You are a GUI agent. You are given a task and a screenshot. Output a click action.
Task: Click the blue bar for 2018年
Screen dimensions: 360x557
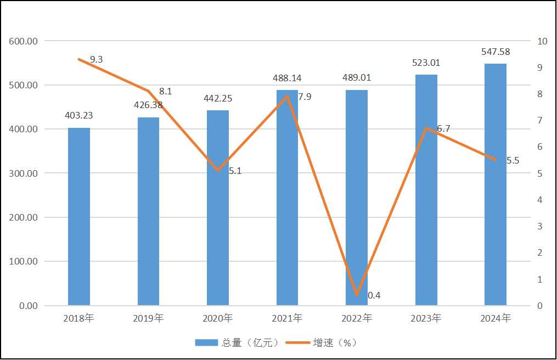coord(79,216)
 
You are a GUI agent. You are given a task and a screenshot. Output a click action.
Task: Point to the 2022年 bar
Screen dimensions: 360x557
coord(357,198)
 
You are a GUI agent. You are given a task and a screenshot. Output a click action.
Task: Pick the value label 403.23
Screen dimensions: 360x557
coord(79,116)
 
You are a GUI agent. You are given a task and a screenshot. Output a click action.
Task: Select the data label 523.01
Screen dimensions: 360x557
coord(426,63)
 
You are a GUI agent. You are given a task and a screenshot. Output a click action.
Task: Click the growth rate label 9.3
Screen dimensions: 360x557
coord(96,59)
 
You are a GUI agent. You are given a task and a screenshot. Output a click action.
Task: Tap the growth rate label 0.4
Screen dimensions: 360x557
coord(374,295)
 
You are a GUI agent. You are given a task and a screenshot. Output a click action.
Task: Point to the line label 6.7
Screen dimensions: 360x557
coord(443,128)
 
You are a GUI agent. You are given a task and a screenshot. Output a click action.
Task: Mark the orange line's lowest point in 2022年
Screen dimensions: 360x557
coord(357,295)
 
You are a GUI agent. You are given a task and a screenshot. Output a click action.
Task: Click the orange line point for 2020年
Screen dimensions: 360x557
coord(218,170)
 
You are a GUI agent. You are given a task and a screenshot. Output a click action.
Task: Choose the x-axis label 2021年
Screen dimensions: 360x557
coord(287,318)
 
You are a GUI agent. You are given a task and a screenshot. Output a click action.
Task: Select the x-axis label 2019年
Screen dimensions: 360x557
coord(148,318)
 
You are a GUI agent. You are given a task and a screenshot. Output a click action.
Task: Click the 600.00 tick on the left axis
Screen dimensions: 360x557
coord(24,41)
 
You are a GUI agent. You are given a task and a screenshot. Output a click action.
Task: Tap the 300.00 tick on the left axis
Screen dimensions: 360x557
coord(24,173)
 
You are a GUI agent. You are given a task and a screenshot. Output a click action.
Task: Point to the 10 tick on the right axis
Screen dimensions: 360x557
coord(543,41)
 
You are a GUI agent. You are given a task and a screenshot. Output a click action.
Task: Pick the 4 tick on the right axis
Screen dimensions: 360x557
coord(540,200)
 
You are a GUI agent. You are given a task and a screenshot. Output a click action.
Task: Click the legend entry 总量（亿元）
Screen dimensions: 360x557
coord(239,342)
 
